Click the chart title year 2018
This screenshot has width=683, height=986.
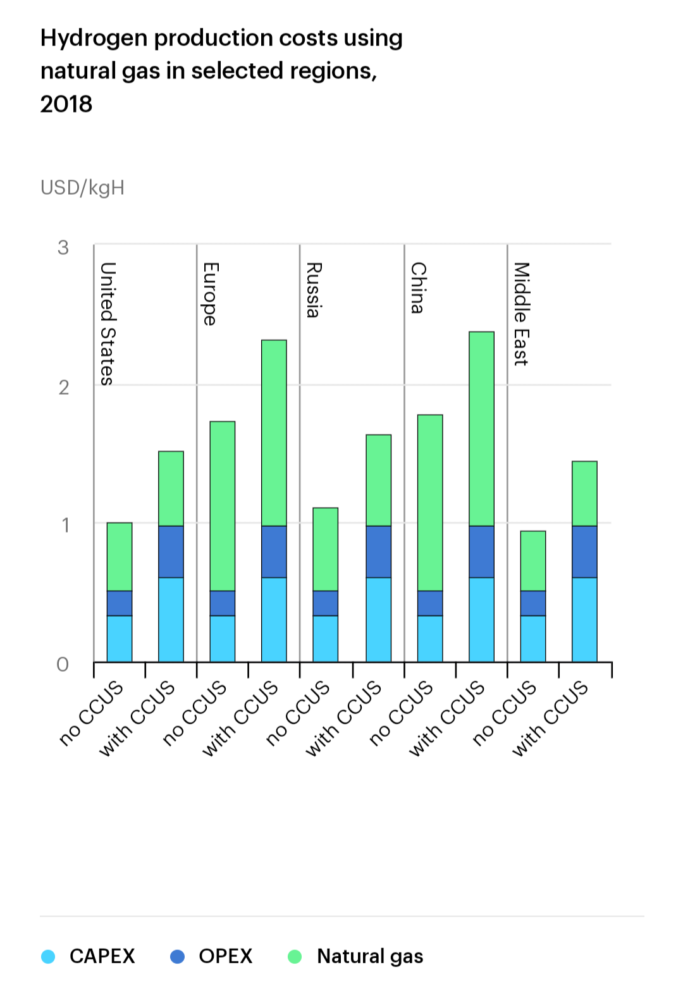[66, 104]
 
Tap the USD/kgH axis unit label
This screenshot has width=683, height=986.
[82, 188]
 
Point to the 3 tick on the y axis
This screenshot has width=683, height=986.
[63, 247]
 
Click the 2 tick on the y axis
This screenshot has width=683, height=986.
[63, 387]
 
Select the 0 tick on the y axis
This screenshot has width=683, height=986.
[63, 664]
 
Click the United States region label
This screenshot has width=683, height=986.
[108, 323]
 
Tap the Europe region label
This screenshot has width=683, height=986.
[210, 293]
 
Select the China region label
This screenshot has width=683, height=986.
[417, 288]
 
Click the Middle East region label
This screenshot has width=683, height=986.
[520, 314]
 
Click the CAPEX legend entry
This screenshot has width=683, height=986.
[102, 956]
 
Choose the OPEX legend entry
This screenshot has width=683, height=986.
[225, 956]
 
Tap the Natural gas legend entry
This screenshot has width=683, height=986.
[369, 956]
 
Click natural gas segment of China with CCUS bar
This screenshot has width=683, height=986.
[481, 429]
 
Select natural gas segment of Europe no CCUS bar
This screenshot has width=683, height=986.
[223, 506]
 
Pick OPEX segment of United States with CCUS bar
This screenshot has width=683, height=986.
[171, 552]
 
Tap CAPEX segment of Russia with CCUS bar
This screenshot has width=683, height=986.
[378, 620]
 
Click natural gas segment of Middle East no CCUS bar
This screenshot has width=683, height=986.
[533, 561]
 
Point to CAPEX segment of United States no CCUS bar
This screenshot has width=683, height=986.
[120, 639]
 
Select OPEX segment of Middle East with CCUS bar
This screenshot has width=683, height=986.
[584, 552]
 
